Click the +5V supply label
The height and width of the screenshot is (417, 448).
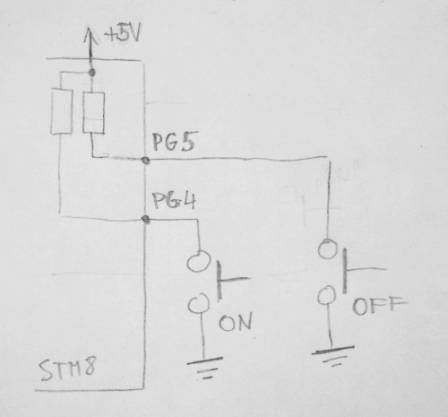coord(123,34)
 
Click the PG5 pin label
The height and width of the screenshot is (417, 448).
coord(174,142)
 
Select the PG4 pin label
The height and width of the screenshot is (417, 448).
coord(175,201)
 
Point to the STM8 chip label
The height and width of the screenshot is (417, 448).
coord(67,369)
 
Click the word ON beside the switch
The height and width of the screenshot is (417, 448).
coord(236,322)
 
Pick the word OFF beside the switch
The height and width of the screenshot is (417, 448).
coord(379,306)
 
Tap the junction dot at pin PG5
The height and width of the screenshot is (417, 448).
coord(145,161)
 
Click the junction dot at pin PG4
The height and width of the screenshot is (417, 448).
coord(146,220)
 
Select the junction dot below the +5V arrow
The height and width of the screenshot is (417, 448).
coord(92,73)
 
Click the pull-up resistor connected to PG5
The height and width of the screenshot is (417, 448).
coord(94,113)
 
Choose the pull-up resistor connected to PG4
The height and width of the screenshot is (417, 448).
coord(62,111)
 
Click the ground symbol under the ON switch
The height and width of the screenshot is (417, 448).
coord(205,367)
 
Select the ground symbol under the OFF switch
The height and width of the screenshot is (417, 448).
coord(332,355)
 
